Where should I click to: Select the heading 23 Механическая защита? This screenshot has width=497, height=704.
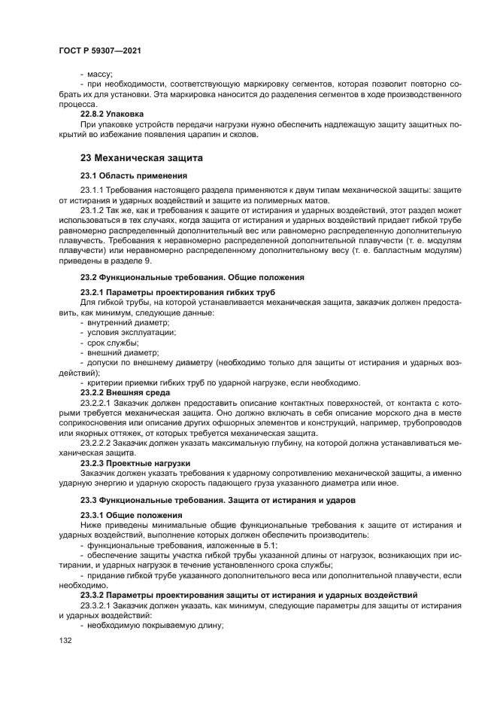coord(138,158)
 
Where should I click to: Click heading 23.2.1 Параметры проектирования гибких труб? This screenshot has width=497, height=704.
coord(177,292)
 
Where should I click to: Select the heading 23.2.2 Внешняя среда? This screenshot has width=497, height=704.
coord(125,392)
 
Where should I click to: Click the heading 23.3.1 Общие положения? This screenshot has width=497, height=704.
coord(127,514)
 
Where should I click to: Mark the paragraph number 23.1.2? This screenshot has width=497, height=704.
coord(92,212)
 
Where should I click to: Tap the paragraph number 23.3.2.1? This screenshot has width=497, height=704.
coord(96,605)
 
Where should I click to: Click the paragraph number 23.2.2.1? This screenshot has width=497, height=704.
coord(96,403)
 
